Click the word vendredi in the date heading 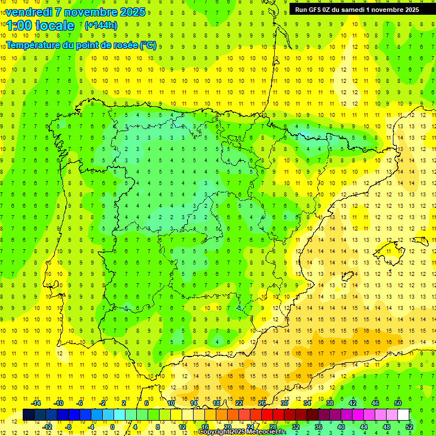point(29,12)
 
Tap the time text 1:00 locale point(40,26)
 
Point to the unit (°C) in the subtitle point(148,45)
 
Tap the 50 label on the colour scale point(398,403)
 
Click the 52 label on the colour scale point(409,426)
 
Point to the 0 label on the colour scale point(113,426)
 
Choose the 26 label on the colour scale point(262,403)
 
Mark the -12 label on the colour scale point(47,426)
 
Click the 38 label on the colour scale point(330,403)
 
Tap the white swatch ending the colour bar point(404,415)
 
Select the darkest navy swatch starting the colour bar point(29,415)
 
